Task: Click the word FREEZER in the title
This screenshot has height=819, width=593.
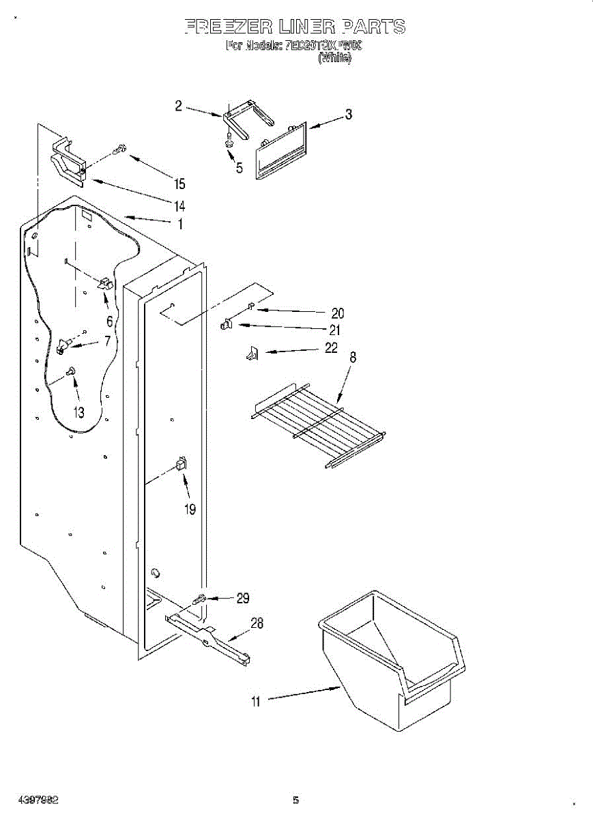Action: [227, 27]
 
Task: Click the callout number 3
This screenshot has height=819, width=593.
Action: [348, 115]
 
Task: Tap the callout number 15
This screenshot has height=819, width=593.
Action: [179, 184]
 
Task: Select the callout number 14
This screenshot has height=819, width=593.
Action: [179, 205]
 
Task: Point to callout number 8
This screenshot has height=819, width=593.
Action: [352, 357]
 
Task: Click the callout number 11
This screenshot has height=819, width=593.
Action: [255, 701]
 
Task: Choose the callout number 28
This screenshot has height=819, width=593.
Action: [257, 622]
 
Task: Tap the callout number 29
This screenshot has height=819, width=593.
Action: [242, 598]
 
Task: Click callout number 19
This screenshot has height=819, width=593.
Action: [190, 508]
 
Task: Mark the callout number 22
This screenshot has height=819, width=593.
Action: [331, 348]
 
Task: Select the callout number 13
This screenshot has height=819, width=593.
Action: [79, 412]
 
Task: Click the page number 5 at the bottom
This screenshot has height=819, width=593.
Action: [295, 800]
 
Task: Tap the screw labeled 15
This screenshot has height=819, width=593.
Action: [120, 149]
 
